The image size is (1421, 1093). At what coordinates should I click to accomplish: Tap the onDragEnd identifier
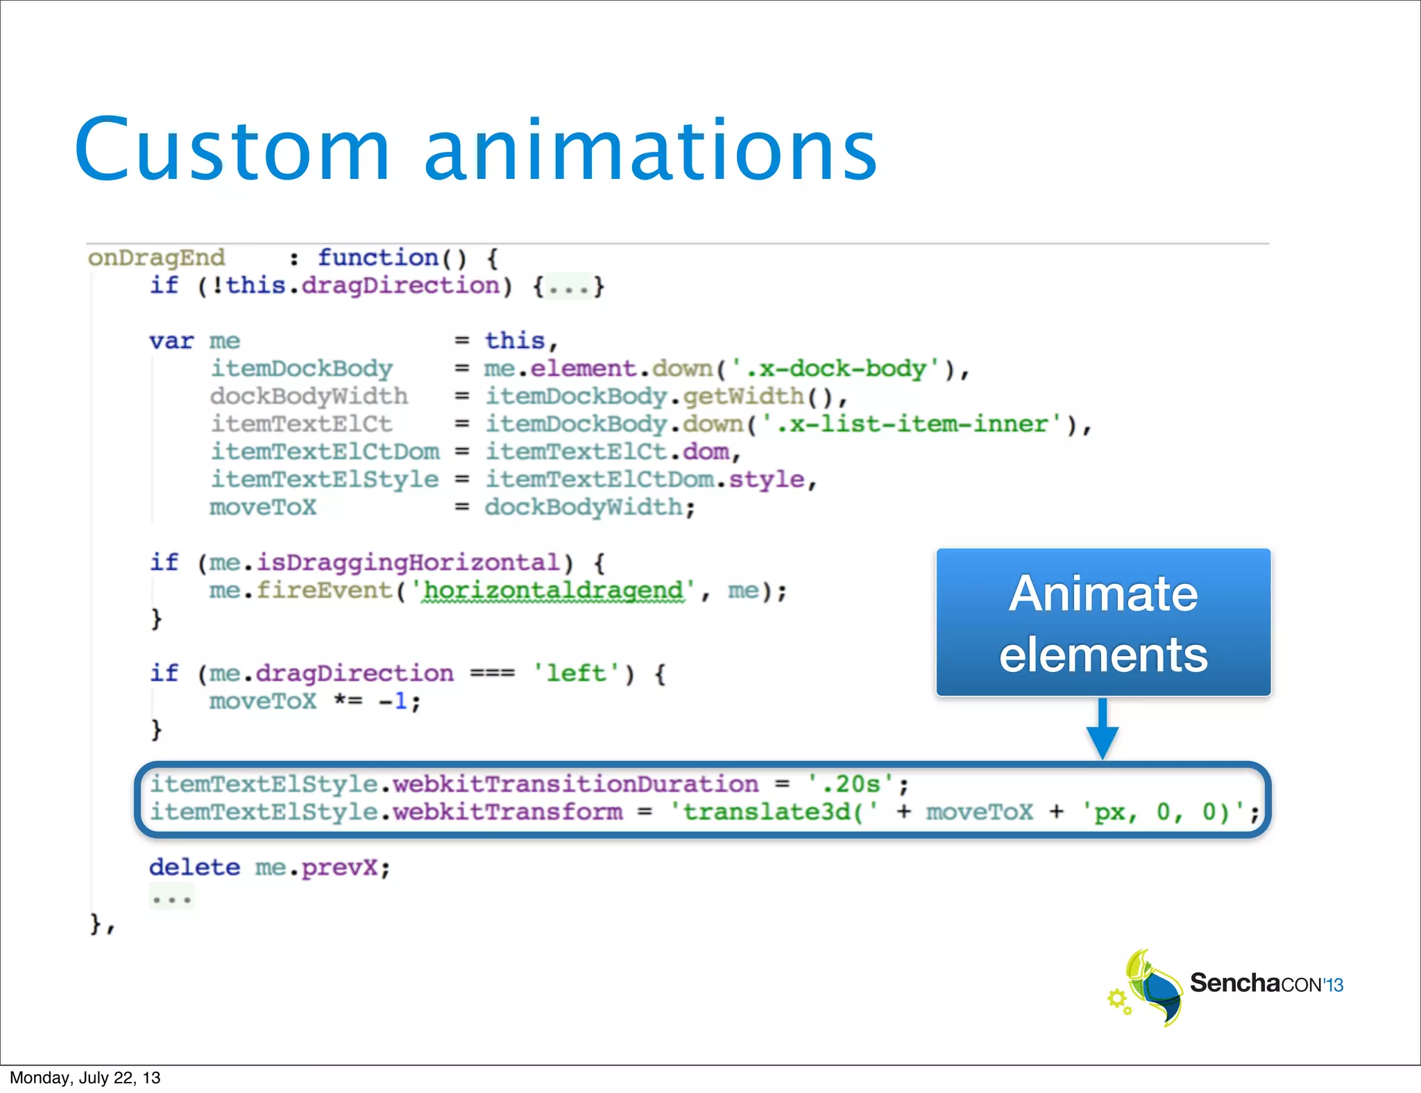(156, 258)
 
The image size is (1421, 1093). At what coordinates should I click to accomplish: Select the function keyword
(378, 258)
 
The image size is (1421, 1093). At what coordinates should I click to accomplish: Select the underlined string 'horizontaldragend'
(553, 591)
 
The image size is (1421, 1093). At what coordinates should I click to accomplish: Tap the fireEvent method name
(324, 591)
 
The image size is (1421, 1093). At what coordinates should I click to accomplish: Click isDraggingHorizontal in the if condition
(407, 563)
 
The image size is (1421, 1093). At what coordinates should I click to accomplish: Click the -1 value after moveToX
(393, 702)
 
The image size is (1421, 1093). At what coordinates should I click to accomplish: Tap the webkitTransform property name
(508, 812)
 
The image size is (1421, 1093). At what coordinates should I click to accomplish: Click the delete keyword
(194, 868)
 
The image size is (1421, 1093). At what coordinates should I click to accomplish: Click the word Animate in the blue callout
(1103, 594)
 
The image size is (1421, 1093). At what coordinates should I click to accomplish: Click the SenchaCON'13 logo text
(1266, 983)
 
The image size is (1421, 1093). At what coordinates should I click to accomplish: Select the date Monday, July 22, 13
(85, 1078)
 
